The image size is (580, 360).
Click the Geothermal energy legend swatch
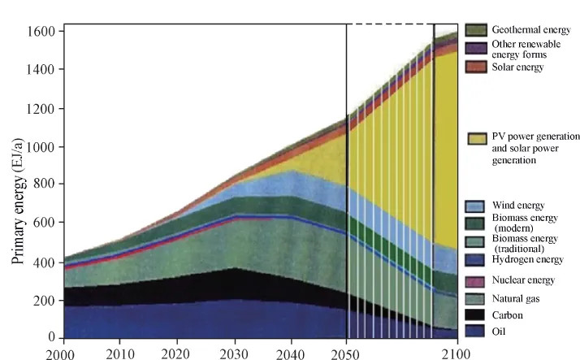tap(476, 29)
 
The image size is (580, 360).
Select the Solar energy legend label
tap(517, 67)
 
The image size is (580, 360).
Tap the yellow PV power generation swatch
tap(476, 139)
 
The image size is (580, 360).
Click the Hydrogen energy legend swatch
tap(476, 259)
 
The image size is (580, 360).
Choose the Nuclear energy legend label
tap(523, 280)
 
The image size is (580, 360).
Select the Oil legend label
tap(500, 332)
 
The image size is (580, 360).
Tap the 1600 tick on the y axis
tap(39, 31)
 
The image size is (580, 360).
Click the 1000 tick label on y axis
tap(39, 146)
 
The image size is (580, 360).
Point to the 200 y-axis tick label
tap(42, 300)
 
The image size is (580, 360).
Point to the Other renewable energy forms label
tap(525, 49)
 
